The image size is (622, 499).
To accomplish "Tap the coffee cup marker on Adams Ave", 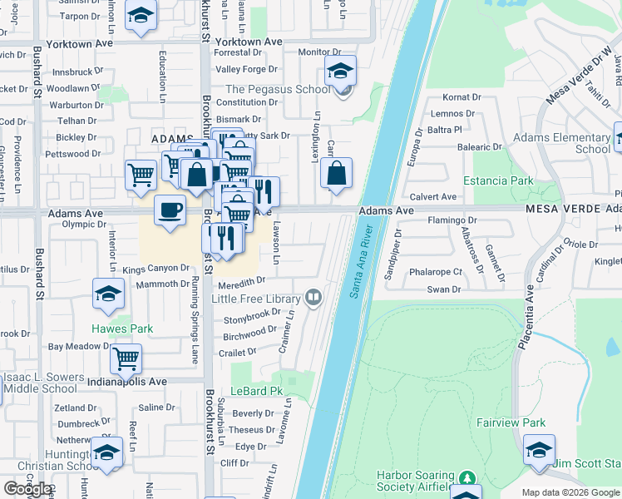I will click(x=170, y=209).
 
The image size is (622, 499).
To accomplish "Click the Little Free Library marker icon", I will click(x=313, y=296).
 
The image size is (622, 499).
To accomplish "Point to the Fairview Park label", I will click(x=510, y=422).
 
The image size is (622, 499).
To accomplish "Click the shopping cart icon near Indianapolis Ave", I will click(x=126, y=358).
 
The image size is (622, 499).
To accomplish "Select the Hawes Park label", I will click(x=122, y=329).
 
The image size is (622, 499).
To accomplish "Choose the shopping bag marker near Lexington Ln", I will click(x=336, y=174).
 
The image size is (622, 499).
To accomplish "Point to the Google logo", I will click(x=27, y=489).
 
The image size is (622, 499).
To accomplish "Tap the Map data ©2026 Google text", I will click(x=570, y=492).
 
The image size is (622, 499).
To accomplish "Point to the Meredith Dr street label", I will click(x=241, y=284).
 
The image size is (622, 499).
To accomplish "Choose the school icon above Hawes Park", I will click(x=107, y=294).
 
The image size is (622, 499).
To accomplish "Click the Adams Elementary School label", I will click(x=562, y=143).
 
